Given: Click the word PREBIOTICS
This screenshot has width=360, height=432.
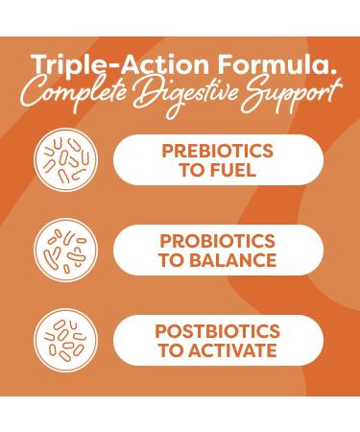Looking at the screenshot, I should pyautogui.click(x=217, y=151).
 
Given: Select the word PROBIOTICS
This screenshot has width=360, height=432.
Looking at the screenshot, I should pyautogui.click(x=218, y=241).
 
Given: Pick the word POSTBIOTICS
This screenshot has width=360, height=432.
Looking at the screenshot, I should pyautogui.click(x=218, y=331).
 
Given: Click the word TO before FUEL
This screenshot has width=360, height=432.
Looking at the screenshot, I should pyautogui.click(x=192, y=170).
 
